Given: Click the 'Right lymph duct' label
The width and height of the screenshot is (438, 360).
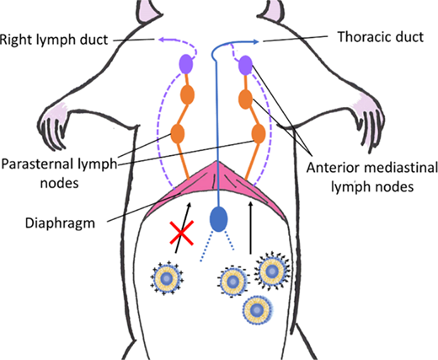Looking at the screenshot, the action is click(x=54, y=40).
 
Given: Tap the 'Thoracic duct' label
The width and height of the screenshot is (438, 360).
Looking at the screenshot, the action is click(x=381, y=37).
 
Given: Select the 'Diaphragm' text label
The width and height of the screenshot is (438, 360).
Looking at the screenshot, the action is click(x=60, y=223).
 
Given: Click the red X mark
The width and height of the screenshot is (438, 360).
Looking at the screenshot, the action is click(x=182, y=233).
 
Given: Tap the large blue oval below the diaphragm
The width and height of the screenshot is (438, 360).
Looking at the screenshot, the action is click(x=219, y=219).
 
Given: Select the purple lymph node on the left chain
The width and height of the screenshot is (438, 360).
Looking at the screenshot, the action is click(x=186, y=64).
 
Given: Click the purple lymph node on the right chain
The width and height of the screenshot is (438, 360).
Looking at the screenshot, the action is click(x=245, y=66).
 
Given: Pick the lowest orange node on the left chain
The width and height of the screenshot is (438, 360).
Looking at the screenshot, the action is click(x=178, y=133).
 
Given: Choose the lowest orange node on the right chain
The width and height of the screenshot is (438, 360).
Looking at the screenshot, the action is click(x=259, y=133).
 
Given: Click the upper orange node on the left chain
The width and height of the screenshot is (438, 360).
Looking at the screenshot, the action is click(x=187, y=94).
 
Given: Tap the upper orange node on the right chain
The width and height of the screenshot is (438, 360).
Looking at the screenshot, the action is click(x=245, y=99).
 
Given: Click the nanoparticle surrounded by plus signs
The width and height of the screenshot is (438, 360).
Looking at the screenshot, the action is click(x=167, y=278).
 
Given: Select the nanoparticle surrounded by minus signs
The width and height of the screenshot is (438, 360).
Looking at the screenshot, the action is click(x=232, y=282).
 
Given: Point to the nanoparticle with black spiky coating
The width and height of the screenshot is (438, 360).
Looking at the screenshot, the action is click(x=272, y=271).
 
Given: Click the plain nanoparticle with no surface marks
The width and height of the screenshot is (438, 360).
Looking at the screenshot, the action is click(x=258, y=310).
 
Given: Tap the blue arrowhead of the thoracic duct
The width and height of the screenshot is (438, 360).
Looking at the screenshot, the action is click(x=255, y=42).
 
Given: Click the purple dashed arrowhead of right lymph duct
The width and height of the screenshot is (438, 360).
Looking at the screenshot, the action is click(x=163, y=40).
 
